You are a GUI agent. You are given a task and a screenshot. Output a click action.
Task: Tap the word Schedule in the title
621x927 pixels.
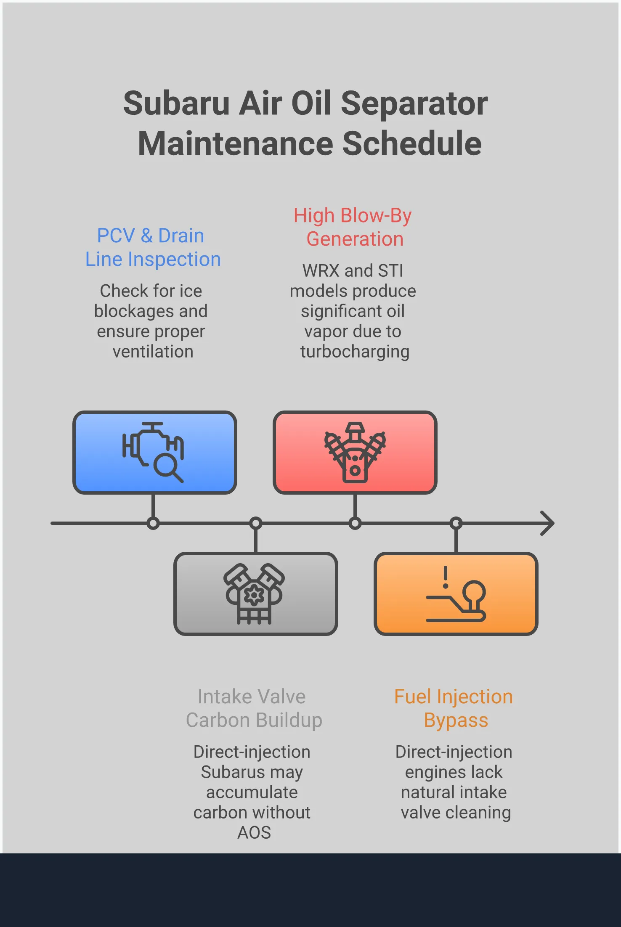(x=412, y=144)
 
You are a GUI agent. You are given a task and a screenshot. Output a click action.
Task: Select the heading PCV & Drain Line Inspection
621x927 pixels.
(x=152, y=247)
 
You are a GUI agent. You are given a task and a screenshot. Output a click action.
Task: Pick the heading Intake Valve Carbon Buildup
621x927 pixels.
(x=254, y=708)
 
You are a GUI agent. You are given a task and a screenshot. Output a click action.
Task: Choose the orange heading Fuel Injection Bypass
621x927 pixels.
(x=454, y=708)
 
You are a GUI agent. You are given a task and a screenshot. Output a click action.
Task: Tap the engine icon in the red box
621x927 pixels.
(x=355, y=452)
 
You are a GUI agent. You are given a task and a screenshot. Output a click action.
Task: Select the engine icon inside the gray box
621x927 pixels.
(x=254, y=593)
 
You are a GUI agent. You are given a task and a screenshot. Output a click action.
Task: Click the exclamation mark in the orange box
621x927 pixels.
(x=445, y=577)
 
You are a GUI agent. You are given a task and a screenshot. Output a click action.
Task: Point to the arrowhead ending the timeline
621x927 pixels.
(x=548, y=523)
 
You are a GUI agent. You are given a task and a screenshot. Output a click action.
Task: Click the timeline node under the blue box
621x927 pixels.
(x=153, y=523)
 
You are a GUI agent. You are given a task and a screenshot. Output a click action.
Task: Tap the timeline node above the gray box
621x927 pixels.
(x=255, y=523)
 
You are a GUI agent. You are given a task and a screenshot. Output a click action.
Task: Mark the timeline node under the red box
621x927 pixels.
(x=355, y=523)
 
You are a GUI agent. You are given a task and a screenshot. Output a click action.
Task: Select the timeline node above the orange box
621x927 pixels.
(x=456, y=523)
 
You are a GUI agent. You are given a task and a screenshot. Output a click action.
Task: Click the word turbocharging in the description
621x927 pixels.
(x=354, y=352)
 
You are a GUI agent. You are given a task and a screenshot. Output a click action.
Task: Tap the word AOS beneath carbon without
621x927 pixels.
(x=254, y=833)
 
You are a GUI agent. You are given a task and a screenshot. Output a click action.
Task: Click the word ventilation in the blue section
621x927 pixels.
(x=153, y=352)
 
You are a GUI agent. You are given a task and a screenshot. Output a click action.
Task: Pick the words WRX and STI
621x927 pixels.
(x=353, y=271)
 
